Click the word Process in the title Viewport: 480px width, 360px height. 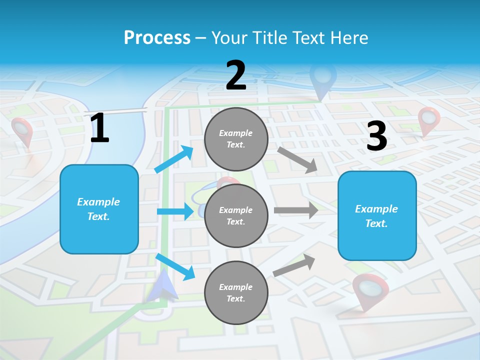pyautogui.click(x=157, y=37)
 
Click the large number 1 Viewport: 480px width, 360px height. pyautogui.click(x=99, y=128)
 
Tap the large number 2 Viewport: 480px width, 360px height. pyautogui.click(x=236, y=75)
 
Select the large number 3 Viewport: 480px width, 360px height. pyautogui.click(x=376, y=136)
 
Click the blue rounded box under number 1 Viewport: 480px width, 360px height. pyautogui.click(x=99, y=209)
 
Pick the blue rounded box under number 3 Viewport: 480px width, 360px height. pyautogui.click(x=377, y=215)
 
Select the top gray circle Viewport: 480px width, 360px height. pyautogui.click(x=236, y=139)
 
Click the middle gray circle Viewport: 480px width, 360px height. pyautogui.click(x=236, y=215)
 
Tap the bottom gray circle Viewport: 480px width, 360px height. pyautogui.click(x=236, y=292)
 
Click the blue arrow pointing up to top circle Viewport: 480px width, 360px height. pyautogui.click(x=174, y=159)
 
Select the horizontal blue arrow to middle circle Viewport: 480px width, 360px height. pyautogui.click(x=175, y=211)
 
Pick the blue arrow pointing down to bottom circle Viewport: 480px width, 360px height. pyautogui.click(x=175, y=267)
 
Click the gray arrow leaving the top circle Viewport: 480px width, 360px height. pyautogui.click(x=297, y=159)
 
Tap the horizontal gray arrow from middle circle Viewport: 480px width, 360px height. pyautogui.click(x=296, y=210)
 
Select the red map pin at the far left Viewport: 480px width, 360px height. pyautogui.click(x=22, y=130)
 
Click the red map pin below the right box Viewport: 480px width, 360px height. pyautogui.click(x=370, y=290)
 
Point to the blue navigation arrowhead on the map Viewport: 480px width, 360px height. pyautogui.click(x=165, y=287)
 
